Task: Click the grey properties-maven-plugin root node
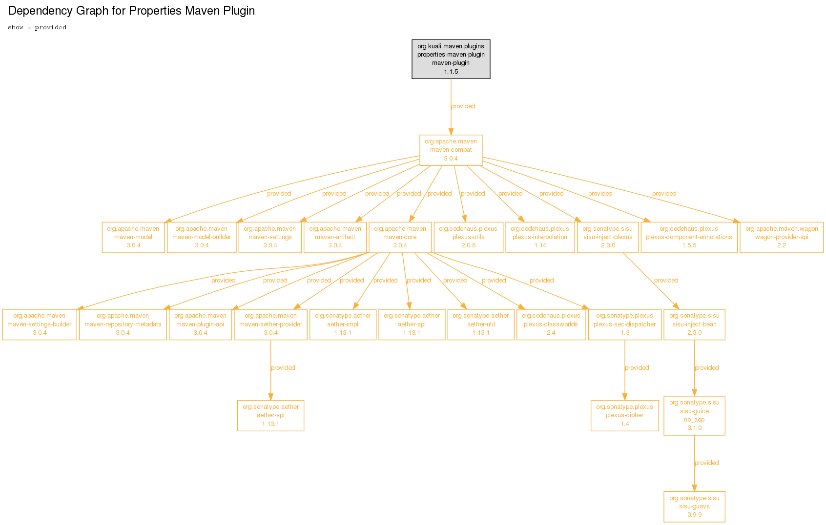coord(451,59)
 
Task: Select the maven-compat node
coord(451,150)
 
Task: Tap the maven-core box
coord(400,237)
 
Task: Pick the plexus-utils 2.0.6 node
coord(468,237)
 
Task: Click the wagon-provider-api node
coord(782,237)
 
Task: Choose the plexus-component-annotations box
coord(689,237)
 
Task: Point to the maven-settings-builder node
coord(40,324)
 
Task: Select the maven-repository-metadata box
coord(123,324)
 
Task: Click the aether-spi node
coord(270,416)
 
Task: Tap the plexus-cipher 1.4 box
coord(625,416)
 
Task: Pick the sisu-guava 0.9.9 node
coord(694,506)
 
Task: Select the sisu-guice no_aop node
coord(694,416)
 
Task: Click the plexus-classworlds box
coord(551,324)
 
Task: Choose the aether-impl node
coord(343,324)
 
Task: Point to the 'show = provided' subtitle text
coord(37,28)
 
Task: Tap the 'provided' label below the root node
coord(463,106)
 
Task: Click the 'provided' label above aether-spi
coord(283,367)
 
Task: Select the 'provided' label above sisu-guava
coord(706,463)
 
